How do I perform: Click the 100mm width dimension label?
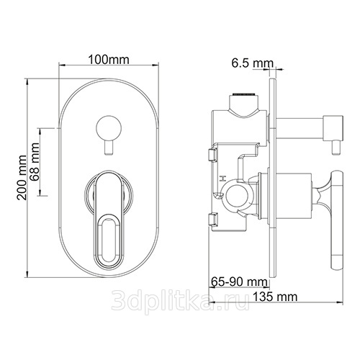click(x=109, y=60)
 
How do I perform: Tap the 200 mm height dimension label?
click(x=22, y=178)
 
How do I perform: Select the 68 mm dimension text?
click(x=35, y=162)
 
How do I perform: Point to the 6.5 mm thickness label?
click(x=253, y=63)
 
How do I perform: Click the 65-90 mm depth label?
click(x=239, y=282)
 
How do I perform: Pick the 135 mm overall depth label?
click(x=275, y=297)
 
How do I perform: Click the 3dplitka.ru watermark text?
click(x=180, y=300)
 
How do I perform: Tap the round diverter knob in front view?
click(x=109, y=127)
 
